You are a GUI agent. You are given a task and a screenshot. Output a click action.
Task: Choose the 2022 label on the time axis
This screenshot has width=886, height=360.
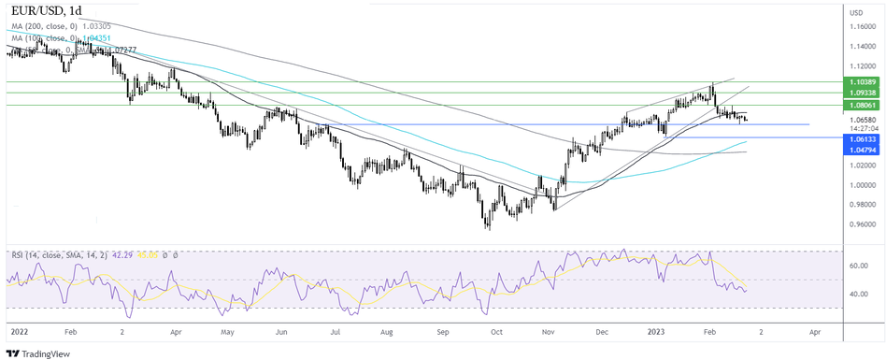point(18,331)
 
